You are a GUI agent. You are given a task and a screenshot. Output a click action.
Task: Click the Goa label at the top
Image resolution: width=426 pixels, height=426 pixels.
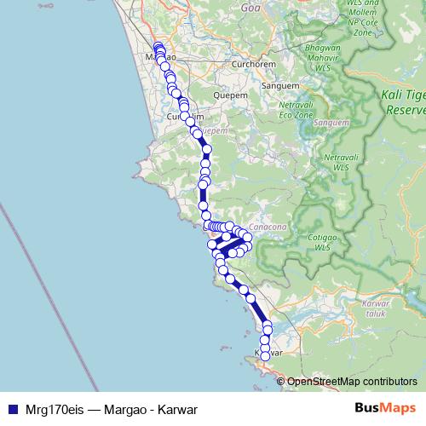tap(250, 6)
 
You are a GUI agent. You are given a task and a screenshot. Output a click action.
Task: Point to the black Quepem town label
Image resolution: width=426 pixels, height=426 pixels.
tap(232, 95)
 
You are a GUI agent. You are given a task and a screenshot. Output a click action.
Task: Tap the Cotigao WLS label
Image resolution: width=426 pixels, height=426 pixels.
tap(321, 242)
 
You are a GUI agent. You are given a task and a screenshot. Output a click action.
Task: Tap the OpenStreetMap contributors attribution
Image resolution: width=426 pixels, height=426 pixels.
tap(351, 381)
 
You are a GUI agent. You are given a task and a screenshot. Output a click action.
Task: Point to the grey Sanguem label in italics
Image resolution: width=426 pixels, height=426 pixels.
tap(325, 124)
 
